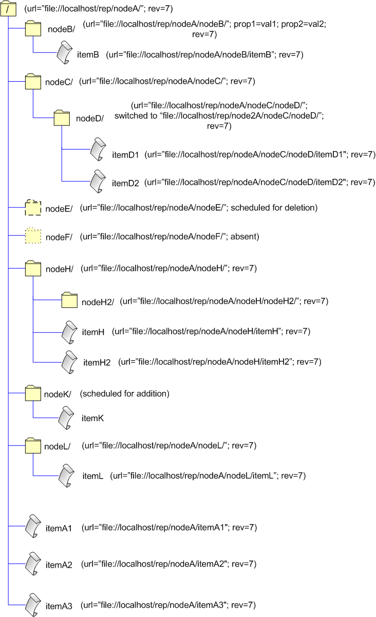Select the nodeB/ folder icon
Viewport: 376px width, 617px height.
[33, 29]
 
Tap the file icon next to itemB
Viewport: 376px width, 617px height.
[62, 53]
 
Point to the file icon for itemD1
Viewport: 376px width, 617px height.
[97, 149]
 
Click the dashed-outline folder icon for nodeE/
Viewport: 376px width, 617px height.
[33, 208]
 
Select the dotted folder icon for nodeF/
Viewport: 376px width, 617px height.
[33, 236]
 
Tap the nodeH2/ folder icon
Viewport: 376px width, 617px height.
[68, 300]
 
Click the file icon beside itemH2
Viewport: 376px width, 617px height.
[68, 362]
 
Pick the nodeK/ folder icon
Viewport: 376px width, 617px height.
[33, 394]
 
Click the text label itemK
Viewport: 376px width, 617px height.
[93, 419]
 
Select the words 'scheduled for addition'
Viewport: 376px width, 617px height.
[125, 394]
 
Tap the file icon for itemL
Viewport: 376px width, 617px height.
[68, 476]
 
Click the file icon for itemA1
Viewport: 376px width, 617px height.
[33, 526]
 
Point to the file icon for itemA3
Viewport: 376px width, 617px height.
[33, 604]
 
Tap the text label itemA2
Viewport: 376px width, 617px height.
[59, 565]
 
